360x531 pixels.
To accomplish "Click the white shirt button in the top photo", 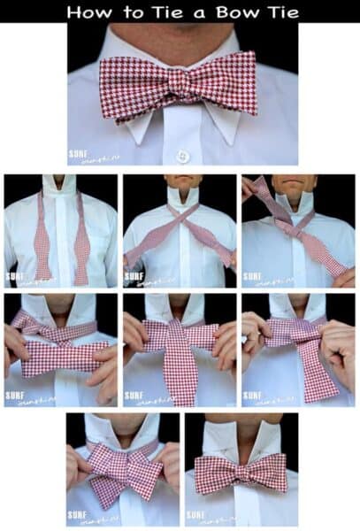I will (x=183, y=156).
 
